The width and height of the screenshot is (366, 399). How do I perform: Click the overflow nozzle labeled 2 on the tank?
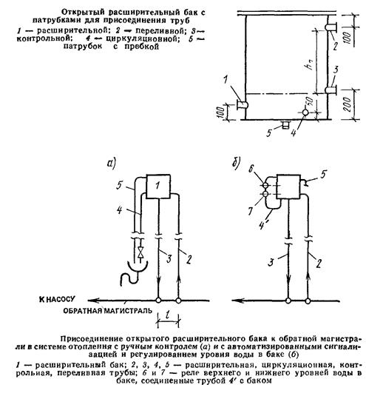[331, 27]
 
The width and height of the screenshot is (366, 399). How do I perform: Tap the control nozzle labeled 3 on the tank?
[331, 90]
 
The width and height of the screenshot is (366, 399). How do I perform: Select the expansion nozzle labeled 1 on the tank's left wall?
[243, 104]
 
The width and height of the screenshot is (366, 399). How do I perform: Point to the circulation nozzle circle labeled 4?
[305, 113]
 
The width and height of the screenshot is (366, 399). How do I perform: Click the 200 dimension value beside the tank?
[348, 104]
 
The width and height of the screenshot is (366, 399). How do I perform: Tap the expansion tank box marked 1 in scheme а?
[157, 187]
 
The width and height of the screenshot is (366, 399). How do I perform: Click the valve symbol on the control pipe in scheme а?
[140, 252]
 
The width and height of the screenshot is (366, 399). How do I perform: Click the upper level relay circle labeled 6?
[265, 186]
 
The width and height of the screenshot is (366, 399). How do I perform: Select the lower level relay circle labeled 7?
[265, 195]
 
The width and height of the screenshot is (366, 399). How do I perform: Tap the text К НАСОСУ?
[58, 299]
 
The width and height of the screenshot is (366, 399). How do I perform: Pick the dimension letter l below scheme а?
[168, 315]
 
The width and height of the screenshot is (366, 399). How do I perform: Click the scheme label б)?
[236, 163]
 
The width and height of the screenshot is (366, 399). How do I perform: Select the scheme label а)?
[112, 163]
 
